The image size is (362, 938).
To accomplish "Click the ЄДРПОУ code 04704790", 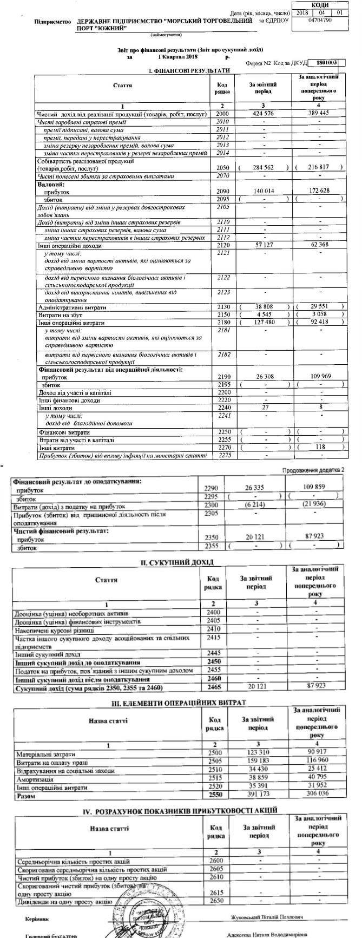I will [319, 21].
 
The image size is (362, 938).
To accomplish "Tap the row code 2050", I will [222, 168].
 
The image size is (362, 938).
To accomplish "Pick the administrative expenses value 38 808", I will [264, 307].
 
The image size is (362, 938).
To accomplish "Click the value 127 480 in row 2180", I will [264, 323].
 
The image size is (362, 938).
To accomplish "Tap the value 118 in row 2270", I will [322, 448].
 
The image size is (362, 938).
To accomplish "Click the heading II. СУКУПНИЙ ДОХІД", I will [177, 562].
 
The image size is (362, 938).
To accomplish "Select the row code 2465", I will [214, 687].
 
